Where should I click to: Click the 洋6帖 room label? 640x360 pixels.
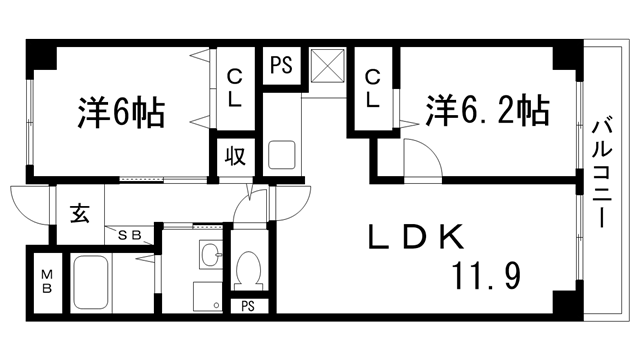(x=120, y=112)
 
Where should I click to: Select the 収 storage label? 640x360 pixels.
(x=235, y=158)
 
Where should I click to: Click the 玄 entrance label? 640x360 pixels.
(x=79, y=213)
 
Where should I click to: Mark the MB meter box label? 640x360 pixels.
(x=46, y=284)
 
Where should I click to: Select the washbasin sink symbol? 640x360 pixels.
(x=209, y=255)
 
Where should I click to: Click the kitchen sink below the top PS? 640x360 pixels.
(x=281, y=157)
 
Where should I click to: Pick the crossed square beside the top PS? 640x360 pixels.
(x=326, y=66)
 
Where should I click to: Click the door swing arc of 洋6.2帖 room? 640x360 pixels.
(x=420, y=160)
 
